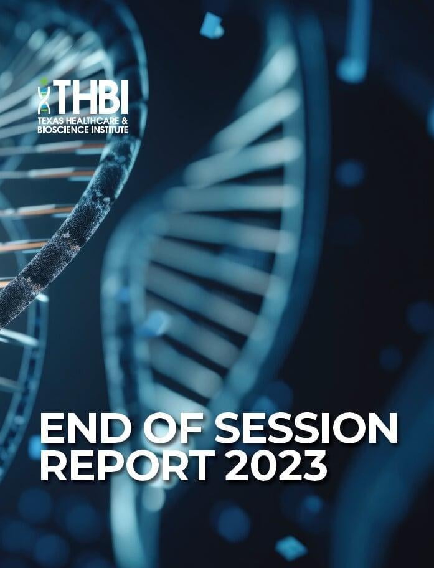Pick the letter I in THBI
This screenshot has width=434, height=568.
(x=125, y=97)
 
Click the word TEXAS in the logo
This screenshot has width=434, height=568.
(x=50, y=121)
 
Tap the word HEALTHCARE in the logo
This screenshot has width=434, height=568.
(x=92, y=121)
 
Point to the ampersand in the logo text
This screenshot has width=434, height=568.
(x=125, y=121)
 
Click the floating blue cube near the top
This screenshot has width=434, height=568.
(x=212, y=25)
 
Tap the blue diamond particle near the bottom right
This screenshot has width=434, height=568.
(x=291, y=547)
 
